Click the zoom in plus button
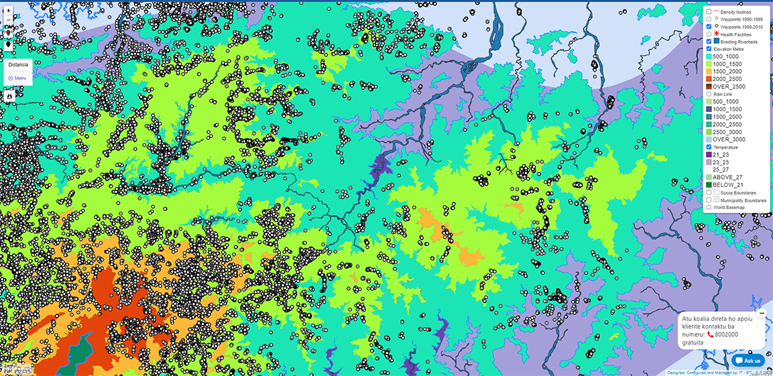click(x=8, y=11)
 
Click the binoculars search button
click(x=9, y=96)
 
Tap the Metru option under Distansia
click(x=17, y=78)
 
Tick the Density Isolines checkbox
click(x=709, y=12)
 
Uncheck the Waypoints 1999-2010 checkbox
click(x=709, y=27)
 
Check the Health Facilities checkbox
click(x=709, y=34)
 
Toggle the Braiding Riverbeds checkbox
click(x=709, y=42)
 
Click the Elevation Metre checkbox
click(x=709, y=49)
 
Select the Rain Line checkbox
click(x=709, y=95)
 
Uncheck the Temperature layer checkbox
click(x=709, y=147)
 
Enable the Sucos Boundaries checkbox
click(x=709, y=192)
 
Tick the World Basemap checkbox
click(x=709, y=207)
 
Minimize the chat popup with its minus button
click(x=762, y=313)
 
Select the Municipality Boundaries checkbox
click(x=709, y=200)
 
